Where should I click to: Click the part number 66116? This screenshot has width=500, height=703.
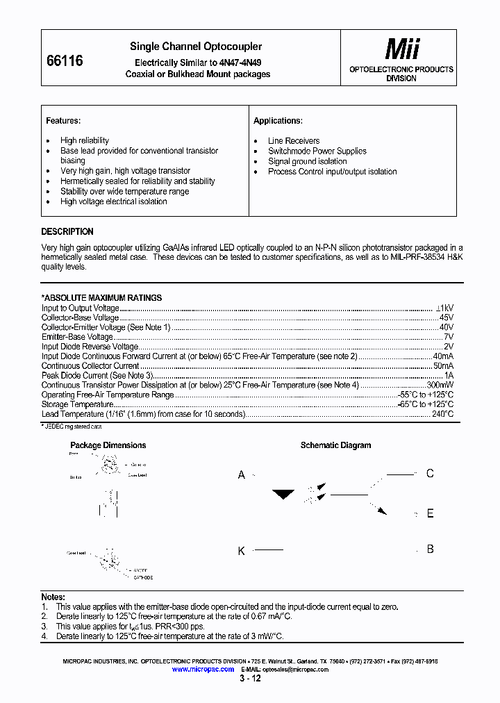64,61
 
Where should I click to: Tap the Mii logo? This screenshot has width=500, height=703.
402,49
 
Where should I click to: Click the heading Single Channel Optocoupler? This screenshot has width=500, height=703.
196,47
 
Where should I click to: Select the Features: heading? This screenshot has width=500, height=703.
63,121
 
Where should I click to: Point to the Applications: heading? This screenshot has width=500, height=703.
278,121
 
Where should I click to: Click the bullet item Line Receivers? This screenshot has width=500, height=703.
294,141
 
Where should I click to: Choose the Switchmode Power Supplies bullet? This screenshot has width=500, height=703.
317,151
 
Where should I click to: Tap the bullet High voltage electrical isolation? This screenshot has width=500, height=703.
113,201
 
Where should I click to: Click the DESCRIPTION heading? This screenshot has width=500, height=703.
67,232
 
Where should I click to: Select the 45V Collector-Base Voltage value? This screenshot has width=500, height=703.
446,317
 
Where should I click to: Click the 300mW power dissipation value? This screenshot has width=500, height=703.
440,385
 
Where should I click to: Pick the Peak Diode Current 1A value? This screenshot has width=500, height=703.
449,375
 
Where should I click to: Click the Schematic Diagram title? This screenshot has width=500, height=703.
335,445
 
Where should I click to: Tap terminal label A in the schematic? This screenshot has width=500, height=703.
242,475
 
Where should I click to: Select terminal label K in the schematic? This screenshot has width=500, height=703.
242,551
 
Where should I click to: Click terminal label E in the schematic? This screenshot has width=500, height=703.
430,514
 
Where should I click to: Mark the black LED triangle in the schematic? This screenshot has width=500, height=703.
283,495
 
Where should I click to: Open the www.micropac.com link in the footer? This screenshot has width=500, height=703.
203,669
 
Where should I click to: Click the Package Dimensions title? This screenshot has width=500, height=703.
108,445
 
